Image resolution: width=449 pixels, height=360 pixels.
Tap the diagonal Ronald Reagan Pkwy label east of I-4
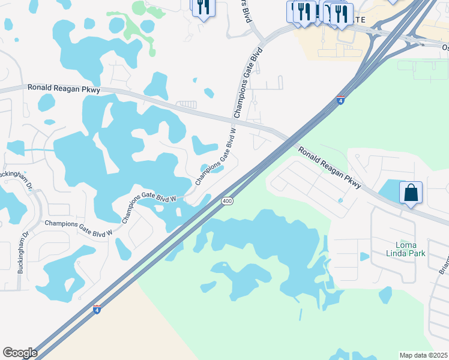[330, 169]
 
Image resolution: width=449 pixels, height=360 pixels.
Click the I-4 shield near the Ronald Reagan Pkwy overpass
[340, 100]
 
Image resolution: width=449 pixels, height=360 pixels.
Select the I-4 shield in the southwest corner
[97, 309]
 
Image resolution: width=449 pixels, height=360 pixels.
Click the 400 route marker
[226, 201]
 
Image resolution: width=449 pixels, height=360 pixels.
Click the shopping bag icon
[411, 193]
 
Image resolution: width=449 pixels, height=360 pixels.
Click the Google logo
[20, 353]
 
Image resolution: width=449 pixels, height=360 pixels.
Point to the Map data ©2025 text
[423, 355]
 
